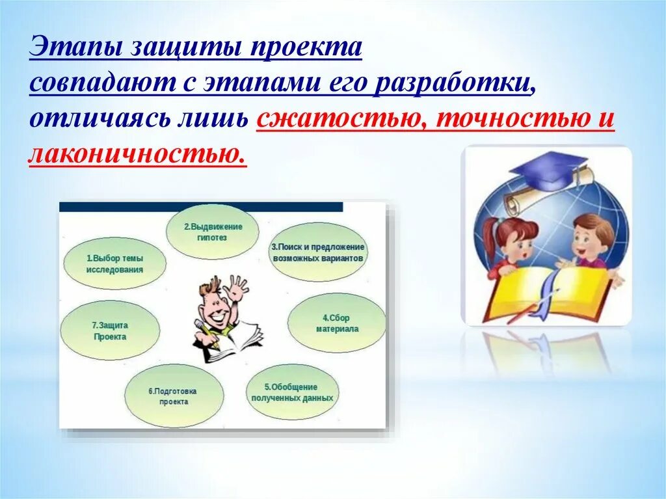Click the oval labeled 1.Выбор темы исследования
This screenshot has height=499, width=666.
coord(114,263)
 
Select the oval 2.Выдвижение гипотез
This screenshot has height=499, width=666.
coord(213,232)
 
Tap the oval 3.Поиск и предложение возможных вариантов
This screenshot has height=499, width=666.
coord(318,252)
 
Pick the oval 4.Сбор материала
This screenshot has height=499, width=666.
coord(337,323)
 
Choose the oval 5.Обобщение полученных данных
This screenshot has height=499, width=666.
coord(293,392)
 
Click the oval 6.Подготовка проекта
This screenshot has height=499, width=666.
coord(174,396)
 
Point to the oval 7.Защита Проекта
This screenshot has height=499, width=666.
coord(110,330)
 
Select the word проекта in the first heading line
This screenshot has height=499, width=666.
coord(306,48)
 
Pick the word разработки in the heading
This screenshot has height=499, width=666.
coord(453,83)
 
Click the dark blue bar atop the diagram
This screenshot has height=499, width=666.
coord(201,207)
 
